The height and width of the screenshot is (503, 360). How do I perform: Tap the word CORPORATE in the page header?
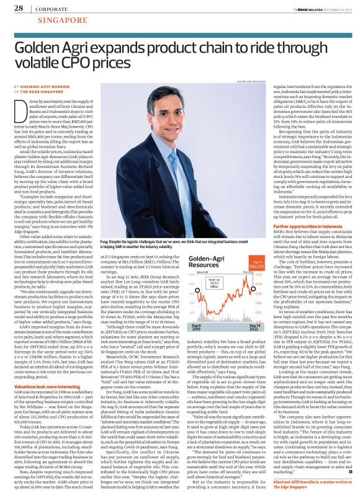(x=51, y=9)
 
